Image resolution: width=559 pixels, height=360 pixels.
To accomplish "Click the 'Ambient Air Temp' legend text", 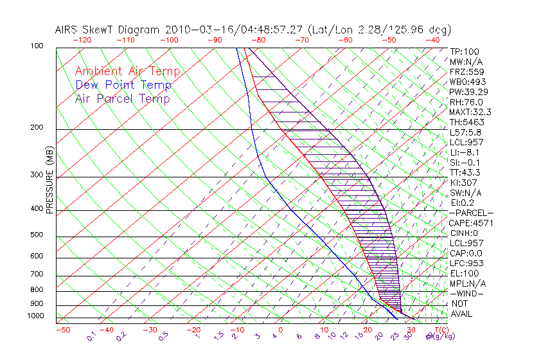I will click(127, 72).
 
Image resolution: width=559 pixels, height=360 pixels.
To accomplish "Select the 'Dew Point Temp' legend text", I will click(123, 85).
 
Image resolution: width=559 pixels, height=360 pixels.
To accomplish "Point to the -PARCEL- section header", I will click(471, 213).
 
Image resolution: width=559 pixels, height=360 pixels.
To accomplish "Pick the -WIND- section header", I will click(466, 293).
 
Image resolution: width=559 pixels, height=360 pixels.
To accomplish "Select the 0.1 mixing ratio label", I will click(92, 336).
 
